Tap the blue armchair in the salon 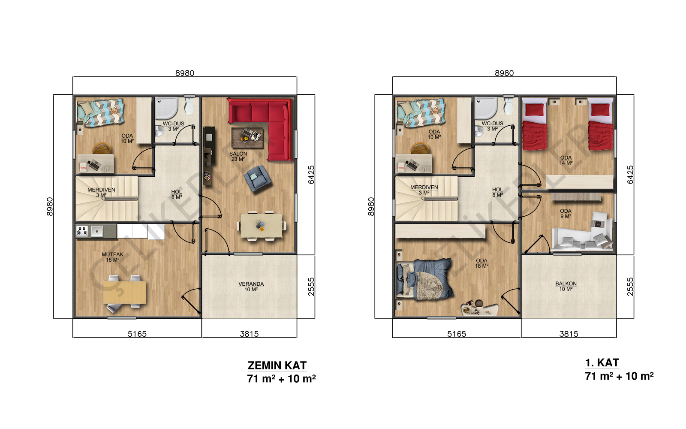click(x=257, y=178)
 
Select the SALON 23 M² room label click(x=238, y=156)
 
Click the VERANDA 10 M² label click(x=251, y=287)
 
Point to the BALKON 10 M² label click(x=566, y=286)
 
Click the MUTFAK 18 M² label click(x=113, y=257)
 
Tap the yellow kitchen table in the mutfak click(x=125, y=292)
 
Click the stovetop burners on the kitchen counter click(x=82, y=231)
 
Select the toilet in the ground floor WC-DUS click(x=189, y=105)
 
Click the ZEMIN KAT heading click(x=277, y=366)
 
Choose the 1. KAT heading click(x=602, y=363)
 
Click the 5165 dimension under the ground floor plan click(x=137, y=334)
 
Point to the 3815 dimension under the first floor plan click(x=569, y=334)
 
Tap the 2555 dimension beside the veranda click(x=311, y=287)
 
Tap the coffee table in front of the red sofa click(x=247, y=138)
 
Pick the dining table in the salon click(x=262, y=226)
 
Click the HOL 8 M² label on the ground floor click(x=177, y=195)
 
